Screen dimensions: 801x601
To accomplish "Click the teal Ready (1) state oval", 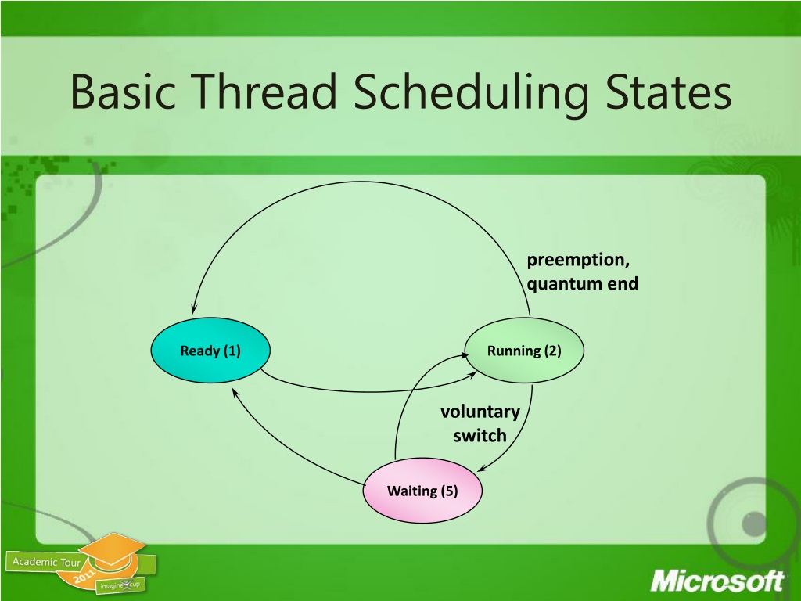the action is pos(210,351).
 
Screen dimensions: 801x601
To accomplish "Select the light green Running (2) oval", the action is pos(524,351).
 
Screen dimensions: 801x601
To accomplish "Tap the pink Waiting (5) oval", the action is pos(422,491).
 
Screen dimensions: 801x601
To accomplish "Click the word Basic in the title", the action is pos(123,92).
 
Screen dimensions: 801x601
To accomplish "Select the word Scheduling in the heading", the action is pos(470,95).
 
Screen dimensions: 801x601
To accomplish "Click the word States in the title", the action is pos(669,92).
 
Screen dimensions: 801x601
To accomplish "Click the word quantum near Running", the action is pos(558,284).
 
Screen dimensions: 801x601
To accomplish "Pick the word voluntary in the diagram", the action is pos(480,412).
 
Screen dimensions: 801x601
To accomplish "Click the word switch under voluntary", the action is pos(480,435).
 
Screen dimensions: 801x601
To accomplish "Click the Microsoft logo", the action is pos(717,581).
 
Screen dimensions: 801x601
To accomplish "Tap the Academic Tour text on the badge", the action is pos(46,562).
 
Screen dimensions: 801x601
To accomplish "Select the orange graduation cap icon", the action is pos(113,549).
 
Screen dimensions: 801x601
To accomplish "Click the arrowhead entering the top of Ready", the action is pos(193,308).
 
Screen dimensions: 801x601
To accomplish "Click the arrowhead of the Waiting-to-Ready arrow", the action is pos(235,392).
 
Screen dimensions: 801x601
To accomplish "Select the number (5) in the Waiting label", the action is pos(448,491).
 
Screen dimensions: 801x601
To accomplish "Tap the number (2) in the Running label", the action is pos(552,351).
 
